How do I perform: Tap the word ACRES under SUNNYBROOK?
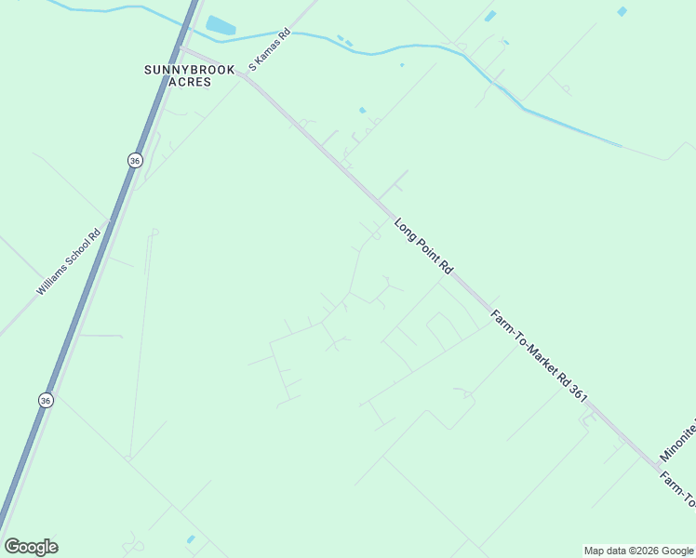(190, 82)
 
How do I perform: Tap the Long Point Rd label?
(422, 246)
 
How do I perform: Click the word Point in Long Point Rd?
(424, 247)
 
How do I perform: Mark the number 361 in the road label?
(577, 392)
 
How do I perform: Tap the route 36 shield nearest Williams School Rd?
(135, 160)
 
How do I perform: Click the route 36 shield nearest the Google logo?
(46, 399)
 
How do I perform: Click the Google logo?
(31, 547)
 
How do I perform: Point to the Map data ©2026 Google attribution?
(638, 551)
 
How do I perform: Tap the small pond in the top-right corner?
(622, 12)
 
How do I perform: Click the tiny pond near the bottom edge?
(191, 539)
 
